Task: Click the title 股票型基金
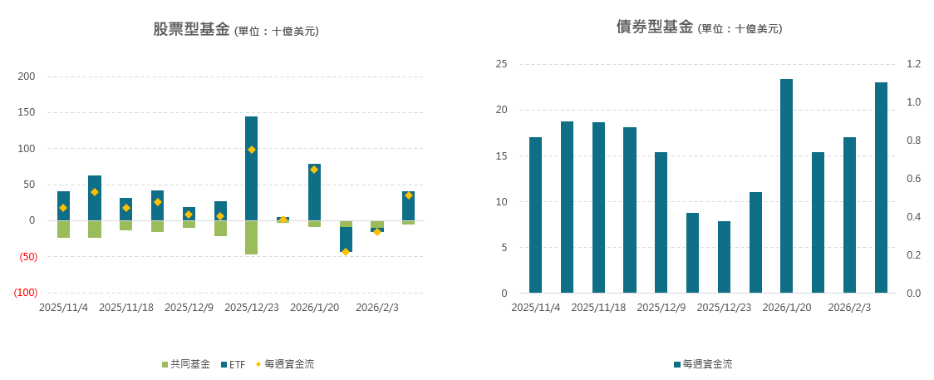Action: tap(190, 30)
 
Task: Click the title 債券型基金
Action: tap(654, 27)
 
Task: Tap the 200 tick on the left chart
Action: tap(27, 76)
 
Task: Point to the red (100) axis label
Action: tap(25, 293)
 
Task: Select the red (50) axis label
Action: tap(27, 257)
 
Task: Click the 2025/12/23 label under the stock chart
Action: tap(252, 308)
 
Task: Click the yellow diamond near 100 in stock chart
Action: tap(251, 150)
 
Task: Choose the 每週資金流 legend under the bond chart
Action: tap(702, 364)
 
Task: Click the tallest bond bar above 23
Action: tap(786, 185)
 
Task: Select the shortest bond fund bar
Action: tap(724, 257)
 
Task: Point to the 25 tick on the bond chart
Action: tap(501, 64)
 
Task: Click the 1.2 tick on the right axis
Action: tap(913, 64)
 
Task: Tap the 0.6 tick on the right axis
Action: tap(913, 179)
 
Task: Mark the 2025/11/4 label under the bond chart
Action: tap(536, 308)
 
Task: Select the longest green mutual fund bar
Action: tap(251, 238)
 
